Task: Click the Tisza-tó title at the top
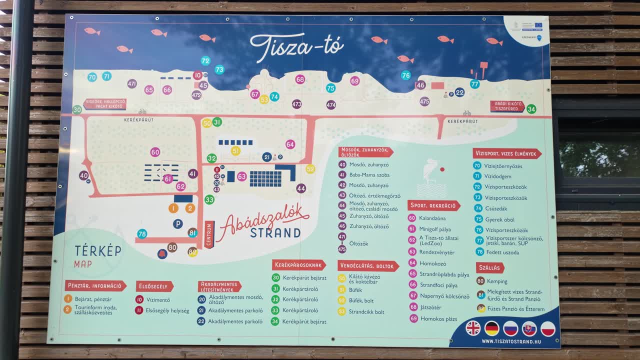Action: (x=297, y=46)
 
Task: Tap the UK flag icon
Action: (x=472, y=328)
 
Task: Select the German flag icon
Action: (x=492, y=328)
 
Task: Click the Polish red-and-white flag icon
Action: (x=548, y=328)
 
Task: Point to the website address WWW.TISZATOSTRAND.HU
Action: (x=511, y=341)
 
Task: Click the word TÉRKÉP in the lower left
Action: (x=98, y=250)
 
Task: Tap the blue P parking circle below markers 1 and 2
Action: (x=177, y=223)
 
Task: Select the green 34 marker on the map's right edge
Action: (x=531, y=109)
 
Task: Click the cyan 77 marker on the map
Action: (x=474, y=84)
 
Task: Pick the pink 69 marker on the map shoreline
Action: (x=354, y=81)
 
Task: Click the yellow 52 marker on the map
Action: (x=310, y=169)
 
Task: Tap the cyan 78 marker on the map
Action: (x=142, y=233)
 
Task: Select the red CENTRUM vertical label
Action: (x=209, y=234)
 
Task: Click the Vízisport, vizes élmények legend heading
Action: (x=507, y=153)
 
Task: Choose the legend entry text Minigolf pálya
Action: (x=435, y=229)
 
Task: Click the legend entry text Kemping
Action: (x=497, y=281)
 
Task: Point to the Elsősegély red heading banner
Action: (x=154, y=286)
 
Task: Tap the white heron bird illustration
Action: (x=429, y=172)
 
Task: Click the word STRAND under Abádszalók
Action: (x=275, y=233)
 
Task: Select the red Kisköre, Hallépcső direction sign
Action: (x=104, y=104)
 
